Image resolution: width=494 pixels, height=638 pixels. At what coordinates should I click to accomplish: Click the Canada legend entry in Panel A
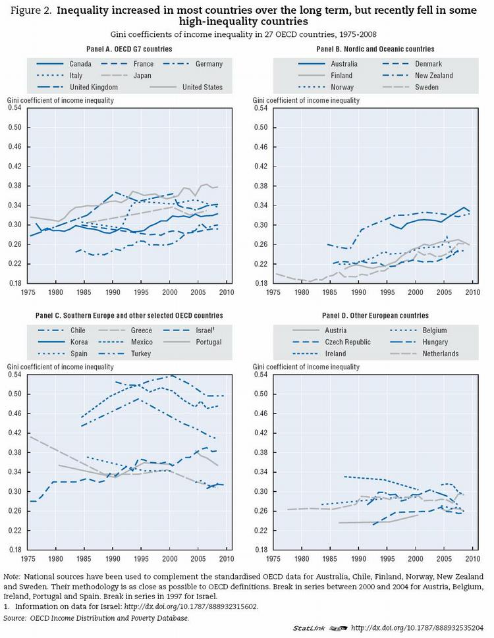click(80, 64)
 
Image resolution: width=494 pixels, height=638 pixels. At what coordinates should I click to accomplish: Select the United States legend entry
click(202, 87)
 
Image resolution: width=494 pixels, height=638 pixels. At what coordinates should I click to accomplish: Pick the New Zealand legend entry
click(453, 75)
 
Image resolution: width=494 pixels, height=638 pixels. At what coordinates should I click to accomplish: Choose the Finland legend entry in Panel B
click(342, 75)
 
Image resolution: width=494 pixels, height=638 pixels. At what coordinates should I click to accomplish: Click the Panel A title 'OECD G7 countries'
click(129, 49)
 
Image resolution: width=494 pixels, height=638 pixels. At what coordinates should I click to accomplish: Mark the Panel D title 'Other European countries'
click(373, 316)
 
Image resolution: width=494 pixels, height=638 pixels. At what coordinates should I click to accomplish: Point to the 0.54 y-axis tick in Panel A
click(14, 108)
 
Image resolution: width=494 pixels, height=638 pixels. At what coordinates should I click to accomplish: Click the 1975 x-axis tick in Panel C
click(29, 560)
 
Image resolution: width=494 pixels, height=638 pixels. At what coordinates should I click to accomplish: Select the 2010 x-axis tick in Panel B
click(472, 292)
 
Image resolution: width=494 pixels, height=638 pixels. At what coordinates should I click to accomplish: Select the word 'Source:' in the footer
click(15, 618)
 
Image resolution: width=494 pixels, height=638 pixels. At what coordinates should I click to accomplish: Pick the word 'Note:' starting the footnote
click(13, 576)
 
